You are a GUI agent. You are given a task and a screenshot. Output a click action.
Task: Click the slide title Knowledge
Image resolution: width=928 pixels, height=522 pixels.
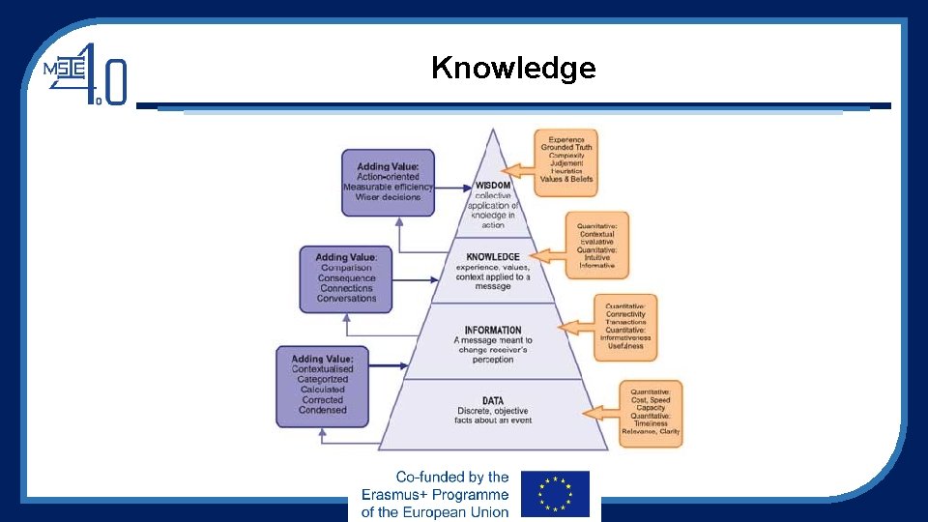click(513, 68)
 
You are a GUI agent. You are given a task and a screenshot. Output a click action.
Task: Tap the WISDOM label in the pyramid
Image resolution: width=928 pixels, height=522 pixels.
click(492, 186)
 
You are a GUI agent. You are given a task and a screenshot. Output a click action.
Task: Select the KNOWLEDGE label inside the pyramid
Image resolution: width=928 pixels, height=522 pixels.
click(493, 257)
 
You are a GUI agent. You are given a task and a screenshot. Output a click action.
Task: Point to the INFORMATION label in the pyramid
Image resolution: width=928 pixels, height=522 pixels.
click(493, 331)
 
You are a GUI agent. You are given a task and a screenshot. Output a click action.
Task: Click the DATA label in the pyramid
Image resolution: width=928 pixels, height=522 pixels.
click(493, 400)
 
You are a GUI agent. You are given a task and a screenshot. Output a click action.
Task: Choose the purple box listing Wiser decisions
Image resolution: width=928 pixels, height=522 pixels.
click(388, 182)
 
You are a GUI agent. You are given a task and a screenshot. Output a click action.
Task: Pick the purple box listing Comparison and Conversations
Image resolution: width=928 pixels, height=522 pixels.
click(347, 277)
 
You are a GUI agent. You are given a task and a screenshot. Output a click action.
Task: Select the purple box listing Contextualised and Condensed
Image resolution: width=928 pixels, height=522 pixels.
click(323, 386)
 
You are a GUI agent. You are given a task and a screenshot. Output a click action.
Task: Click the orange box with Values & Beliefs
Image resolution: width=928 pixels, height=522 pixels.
click(566, 162)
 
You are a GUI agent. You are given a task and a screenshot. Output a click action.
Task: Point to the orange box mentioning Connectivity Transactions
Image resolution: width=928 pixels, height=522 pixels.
click(624, 326)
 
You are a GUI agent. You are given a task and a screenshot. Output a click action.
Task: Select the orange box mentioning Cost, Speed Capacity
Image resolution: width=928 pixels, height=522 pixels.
click(651, 414)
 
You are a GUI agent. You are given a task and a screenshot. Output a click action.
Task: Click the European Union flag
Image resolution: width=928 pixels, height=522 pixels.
click(555, 493)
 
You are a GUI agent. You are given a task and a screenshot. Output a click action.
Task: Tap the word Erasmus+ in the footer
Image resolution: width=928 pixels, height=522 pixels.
click(396, 494)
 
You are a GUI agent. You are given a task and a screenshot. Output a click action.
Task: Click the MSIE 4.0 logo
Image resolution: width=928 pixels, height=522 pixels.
click(86, 74)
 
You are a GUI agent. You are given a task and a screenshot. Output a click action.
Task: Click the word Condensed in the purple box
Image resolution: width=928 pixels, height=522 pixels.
click(323, 410)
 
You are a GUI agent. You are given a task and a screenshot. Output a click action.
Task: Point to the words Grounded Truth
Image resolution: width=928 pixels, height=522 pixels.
click(566, 147)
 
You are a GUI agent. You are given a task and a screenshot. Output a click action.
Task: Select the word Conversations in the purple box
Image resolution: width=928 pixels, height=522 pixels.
click(347, 299)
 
